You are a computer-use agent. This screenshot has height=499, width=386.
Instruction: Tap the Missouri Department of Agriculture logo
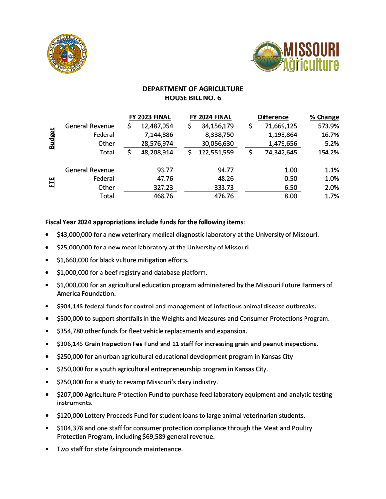[x=295, y=56]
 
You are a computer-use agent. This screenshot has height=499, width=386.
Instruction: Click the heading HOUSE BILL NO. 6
[x=193, y=98]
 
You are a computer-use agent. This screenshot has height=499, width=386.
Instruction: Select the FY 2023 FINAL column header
[x=150, y=117]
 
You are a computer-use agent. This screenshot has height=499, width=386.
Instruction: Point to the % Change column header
[x=325, y=117]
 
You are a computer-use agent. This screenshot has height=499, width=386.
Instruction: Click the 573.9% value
[x=328, y=126]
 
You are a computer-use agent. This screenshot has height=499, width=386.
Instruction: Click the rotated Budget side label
[x=52, y=139]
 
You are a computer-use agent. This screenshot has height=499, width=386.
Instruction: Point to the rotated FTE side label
[x=52, y=183]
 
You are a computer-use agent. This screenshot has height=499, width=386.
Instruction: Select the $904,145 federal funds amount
[x=69, y=307]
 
